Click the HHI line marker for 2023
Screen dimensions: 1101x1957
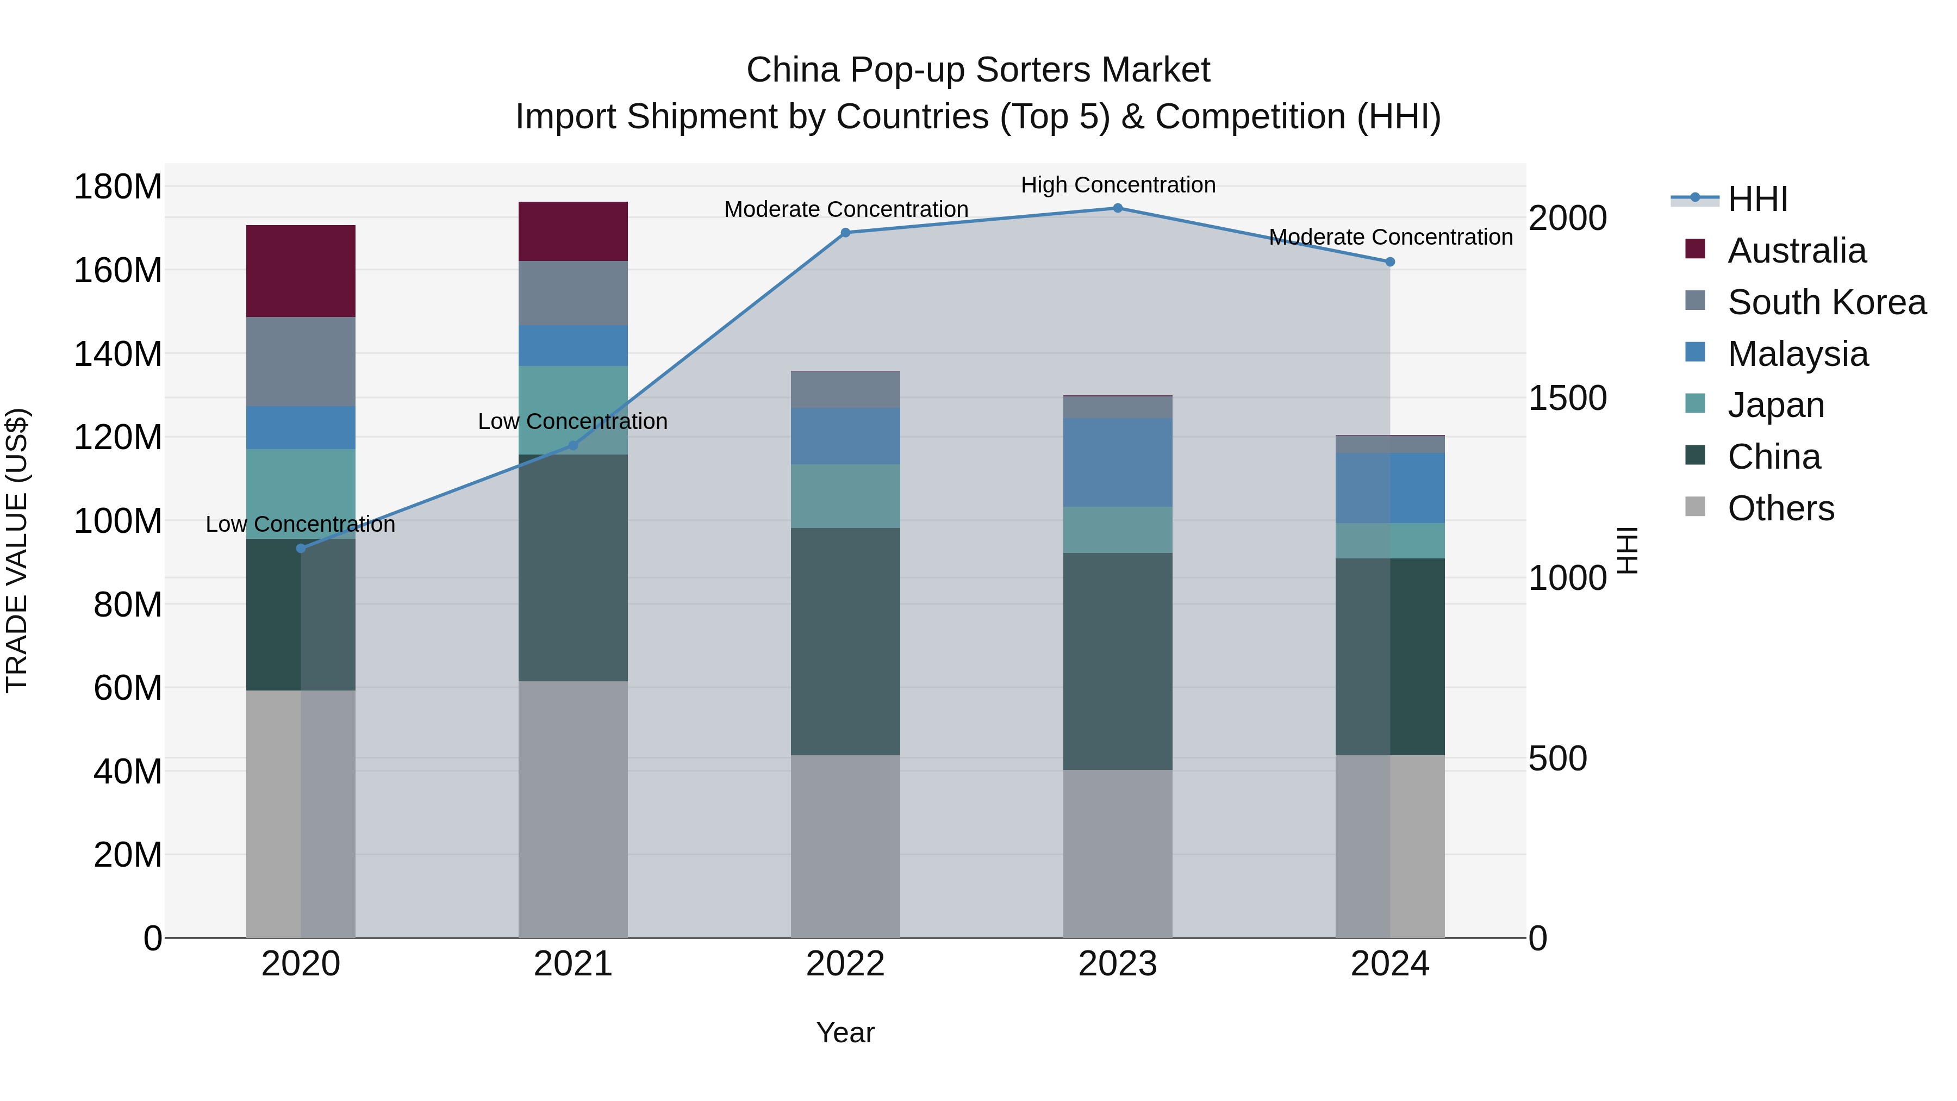click(1118, 208)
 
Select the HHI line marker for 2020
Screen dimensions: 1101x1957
click(301, 548)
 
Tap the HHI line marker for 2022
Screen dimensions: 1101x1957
click(845, 233)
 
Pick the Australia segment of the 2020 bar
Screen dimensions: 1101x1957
click(301, 271)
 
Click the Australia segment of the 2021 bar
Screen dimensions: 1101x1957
click(573, 231)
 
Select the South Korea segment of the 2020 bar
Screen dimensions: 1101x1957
click(301, 362)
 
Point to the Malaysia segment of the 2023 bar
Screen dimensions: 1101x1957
click(1118, 462)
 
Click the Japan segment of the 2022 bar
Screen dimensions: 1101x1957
click(845, 496)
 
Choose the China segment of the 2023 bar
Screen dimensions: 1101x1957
click(1118, 661)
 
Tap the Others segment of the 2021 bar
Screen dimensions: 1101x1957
click(573, 809)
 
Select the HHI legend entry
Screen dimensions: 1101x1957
click(1757, 199)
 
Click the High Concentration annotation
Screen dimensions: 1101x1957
click(1118, 185)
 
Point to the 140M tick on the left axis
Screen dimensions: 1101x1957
click(118, 354)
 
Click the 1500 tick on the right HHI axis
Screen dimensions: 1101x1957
click(1567, 398)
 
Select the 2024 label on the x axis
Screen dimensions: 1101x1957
click(1389, 964)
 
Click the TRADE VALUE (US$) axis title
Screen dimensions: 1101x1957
click(17, 550)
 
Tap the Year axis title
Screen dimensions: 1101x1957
click(845, 1032)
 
